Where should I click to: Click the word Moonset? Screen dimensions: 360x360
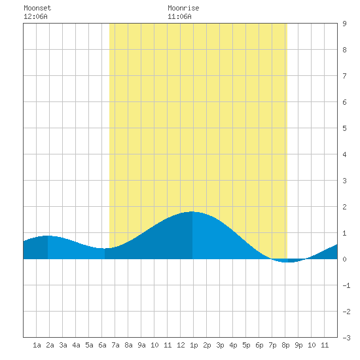click(x=37, y=8)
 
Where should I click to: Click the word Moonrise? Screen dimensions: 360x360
click(x=183, y=8)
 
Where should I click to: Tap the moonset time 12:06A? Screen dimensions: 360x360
click(x=35, y=16)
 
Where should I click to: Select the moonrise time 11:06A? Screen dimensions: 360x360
click(x=179, y=16)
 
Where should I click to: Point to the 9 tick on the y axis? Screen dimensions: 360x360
click(x=344, y=24)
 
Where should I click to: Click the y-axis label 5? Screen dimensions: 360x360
click(x=344, y=128)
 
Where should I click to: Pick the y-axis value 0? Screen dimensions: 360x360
click(x=344, y=259)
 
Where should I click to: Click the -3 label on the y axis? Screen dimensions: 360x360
click(x=346, y=338)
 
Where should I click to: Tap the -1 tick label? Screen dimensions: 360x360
click(x=346, y=285)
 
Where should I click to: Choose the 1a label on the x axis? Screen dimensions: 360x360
click(x=37, y=345)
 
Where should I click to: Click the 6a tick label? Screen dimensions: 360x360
click(x=102, y=345)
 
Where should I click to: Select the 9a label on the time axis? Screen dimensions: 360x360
click(x=141, y=345)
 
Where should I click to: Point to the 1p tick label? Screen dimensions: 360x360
click(x=194, y=345)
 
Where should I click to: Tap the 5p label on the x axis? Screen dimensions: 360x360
click(x=246, y=345)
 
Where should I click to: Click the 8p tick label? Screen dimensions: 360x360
click(x=285, y=345)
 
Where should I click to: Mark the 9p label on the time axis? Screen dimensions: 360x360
click(x=298, y=345)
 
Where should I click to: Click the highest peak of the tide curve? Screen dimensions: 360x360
click(x=192, y=211)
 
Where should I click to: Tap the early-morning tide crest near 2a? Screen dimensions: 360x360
click(x=48, y=236)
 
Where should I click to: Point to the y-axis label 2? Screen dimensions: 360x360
click(x=344, y=207)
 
